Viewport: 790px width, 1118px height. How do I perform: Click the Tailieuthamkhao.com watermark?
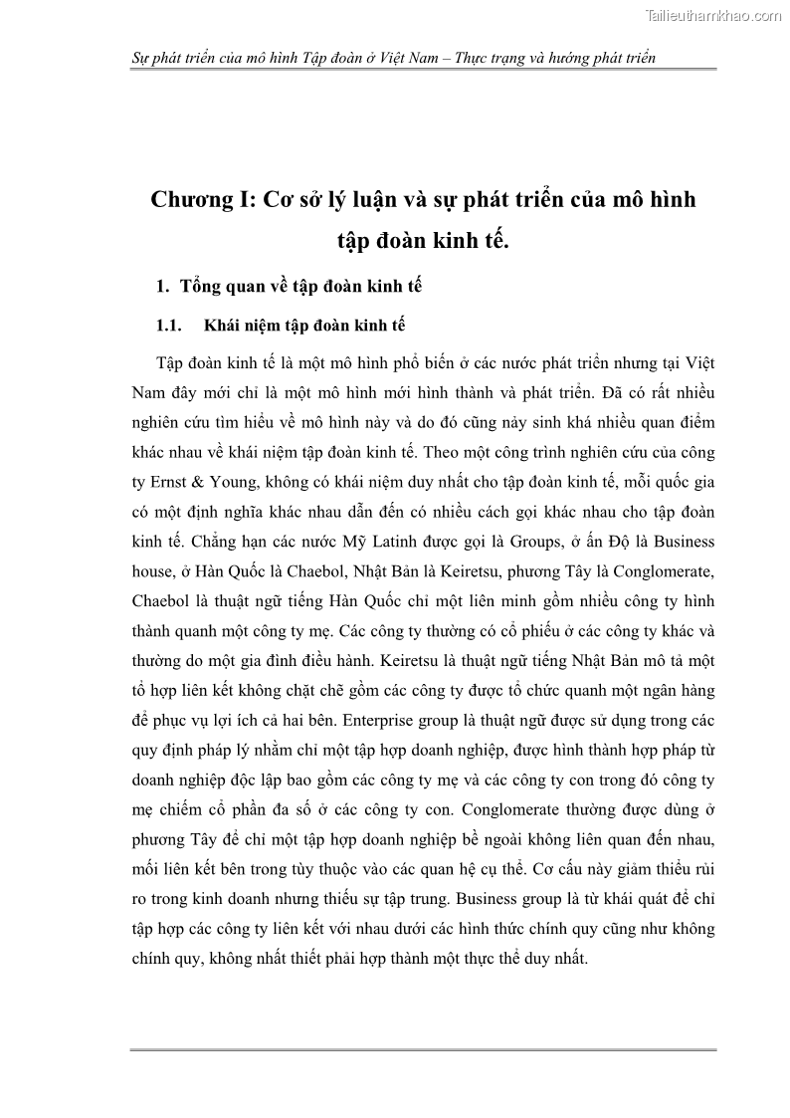point(712,15)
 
